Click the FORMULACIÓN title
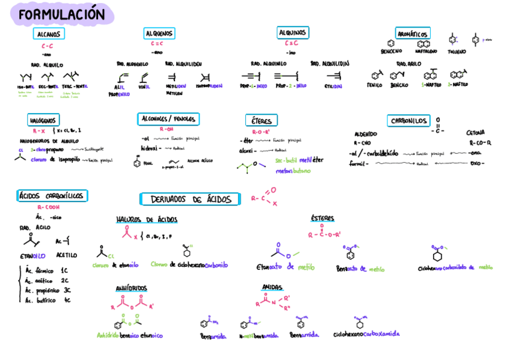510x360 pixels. point(61,15)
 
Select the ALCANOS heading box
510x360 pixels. point(48,34)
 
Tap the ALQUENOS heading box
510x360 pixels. point(159,33)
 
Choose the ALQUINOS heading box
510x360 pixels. point(292,32)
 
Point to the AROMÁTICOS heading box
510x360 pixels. point(413,34)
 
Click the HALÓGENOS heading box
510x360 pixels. point(43,120)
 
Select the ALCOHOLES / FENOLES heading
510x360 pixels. point(168,119)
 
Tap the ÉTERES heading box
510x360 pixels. point(262,120)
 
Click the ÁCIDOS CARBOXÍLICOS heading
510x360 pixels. point(52,196)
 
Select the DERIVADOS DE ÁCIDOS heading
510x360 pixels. point(190,199)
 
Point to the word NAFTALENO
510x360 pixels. point(426,52)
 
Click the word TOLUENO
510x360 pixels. point(456,52)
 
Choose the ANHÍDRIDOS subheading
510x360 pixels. point(131,288)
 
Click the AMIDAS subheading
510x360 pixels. point(272,287)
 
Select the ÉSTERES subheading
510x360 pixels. point(323,218)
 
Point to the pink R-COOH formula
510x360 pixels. point(48,207)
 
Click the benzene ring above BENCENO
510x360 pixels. point(391,43)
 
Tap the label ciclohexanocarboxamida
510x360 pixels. point(366,334)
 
